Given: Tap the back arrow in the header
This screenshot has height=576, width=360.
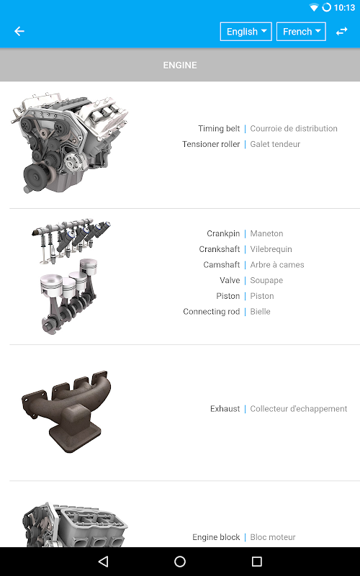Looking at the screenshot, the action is click(x=19, y=31).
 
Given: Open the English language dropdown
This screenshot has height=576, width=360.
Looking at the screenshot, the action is click(x=246, y=32).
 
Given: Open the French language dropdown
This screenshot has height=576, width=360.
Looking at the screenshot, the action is click(x=301, y=32).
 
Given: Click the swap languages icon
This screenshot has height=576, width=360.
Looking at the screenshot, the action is click(x=341, y=31).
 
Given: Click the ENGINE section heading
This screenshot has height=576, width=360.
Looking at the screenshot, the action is click(x=180, y=65).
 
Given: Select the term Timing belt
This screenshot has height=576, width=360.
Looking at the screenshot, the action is click(x=219, y=129).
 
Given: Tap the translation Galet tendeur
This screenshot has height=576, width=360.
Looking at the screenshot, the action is click(x=275, y=144).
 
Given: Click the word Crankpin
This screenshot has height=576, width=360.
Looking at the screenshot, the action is click(x=223, y=233).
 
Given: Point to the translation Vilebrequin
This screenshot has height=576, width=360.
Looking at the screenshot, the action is click(x=271, y=249).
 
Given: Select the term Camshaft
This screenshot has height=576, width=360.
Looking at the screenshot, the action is click(x=222, y=264).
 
